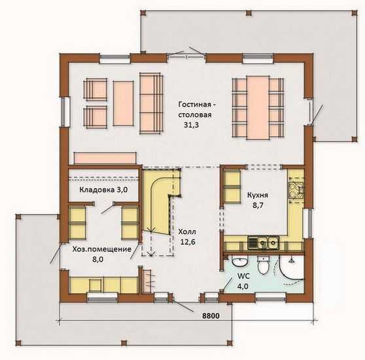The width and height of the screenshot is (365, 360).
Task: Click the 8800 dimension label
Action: (211, 316)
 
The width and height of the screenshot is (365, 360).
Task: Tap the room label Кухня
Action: (258, 195)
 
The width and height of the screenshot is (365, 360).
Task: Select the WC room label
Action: (243, 276)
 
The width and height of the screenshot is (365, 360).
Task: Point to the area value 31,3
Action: (192, 125)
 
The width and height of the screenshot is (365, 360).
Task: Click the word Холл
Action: (187, 232)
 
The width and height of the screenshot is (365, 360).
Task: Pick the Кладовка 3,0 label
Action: (103, 190)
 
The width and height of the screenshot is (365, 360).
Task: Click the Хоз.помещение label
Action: (102, 249)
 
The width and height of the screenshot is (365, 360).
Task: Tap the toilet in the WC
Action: (263, 265)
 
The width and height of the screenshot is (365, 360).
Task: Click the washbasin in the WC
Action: (240, 261)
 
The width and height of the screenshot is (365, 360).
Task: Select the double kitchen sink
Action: (263, 243)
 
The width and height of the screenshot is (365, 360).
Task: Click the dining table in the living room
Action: (258, 107)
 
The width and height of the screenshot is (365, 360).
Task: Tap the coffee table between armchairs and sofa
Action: (123, 103)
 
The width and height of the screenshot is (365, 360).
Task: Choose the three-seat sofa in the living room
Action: (151, 103)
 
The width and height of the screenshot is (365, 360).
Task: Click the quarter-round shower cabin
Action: (291, 267)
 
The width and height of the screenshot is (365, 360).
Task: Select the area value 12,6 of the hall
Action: (188, 242)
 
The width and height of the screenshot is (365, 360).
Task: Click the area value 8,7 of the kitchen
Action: (258, 206)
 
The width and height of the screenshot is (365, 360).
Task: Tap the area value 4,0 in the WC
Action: (243, 286)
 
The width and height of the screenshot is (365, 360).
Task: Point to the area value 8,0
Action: (98, 259)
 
